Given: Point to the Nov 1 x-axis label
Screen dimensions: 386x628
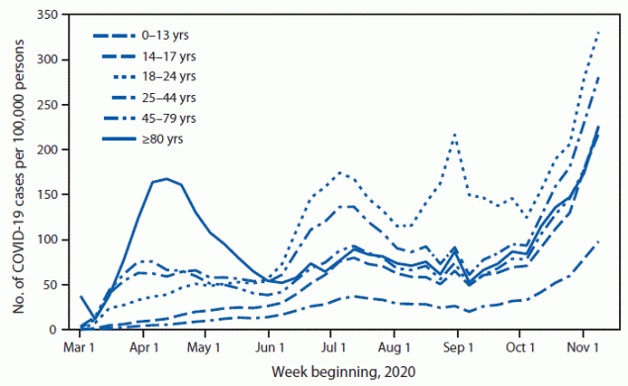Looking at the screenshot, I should [x=583, y=349].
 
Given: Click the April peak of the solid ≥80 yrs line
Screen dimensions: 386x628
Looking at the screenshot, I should [x=166, y=179].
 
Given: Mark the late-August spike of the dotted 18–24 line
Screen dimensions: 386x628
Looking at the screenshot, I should [x=454, y=134].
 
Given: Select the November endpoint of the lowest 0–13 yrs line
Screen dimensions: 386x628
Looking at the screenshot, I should [x=599, y=241].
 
